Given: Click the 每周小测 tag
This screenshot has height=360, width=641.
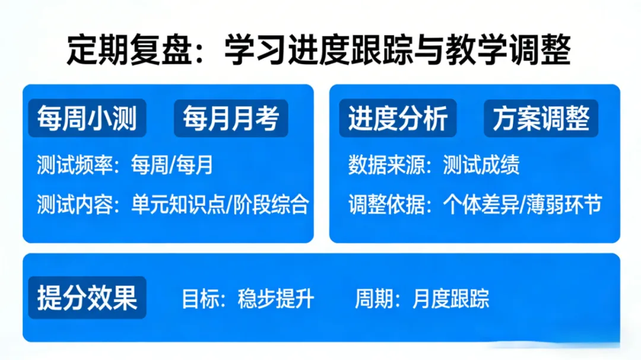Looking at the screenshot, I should coord(87,119).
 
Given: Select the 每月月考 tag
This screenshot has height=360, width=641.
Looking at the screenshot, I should coord(231,119).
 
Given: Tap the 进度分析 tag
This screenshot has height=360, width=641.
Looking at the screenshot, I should coord(398,119).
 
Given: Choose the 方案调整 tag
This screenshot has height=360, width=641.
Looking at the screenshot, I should coord(541,119).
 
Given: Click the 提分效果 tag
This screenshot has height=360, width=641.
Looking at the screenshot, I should coord(87,297).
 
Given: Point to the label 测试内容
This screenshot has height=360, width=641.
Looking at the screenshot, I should coord(75,205).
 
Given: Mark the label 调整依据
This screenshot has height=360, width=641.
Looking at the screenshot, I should coord(386,205).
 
